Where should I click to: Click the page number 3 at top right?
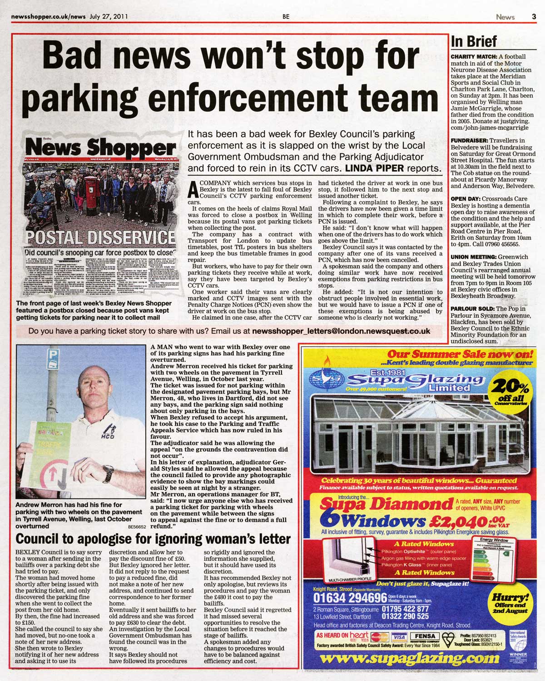pyautogui.click(x=534, y=17)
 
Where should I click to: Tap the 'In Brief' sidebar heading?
pyautogui.click(x=474, y=42)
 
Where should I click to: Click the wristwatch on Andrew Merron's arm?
pyautogui.click(x=109, y=473)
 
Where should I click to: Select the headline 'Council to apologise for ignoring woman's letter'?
pyautogui.click(x=153, y=539)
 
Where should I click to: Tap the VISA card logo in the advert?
pyautogui.click(x=399, y=637)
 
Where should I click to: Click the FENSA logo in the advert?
pyautogui.click(x=425, y=637)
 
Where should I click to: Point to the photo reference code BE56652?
pyautogui.click(x=138, y=527)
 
